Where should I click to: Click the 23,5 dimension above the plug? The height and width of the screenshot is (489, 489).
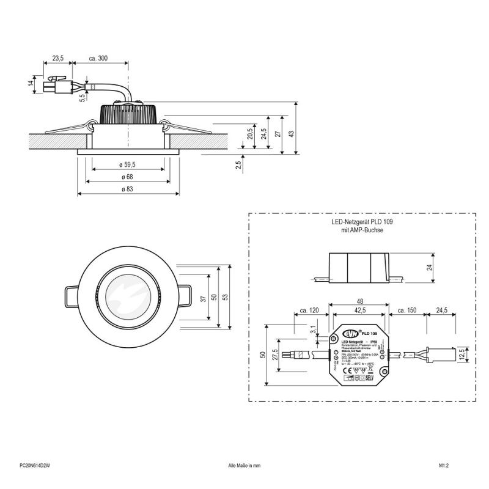(58, 58)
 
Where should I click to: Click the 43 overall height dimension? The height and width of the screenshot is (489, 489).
(292, 133)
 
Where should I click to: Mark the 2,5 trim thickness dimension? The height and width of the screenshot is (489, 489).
(237, 164)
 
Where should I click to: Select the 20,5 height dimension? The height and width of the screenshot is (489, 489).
(250, 133)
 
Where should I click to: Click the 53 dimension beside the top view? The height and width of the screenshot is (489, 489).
(226, 296)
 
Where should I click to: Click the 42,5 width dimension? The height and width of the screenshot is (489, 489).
(359, 311)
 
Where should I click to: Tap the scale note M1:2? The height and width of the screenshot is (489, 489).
(444, 465)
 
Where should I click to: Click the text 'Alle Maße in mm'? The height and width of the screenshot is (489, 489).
(244, 465)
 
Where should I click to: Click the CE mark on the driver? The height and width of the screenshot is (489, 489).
(345, 369)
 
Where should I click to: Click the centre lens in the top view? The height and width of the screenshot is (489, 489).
(129, 296)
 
